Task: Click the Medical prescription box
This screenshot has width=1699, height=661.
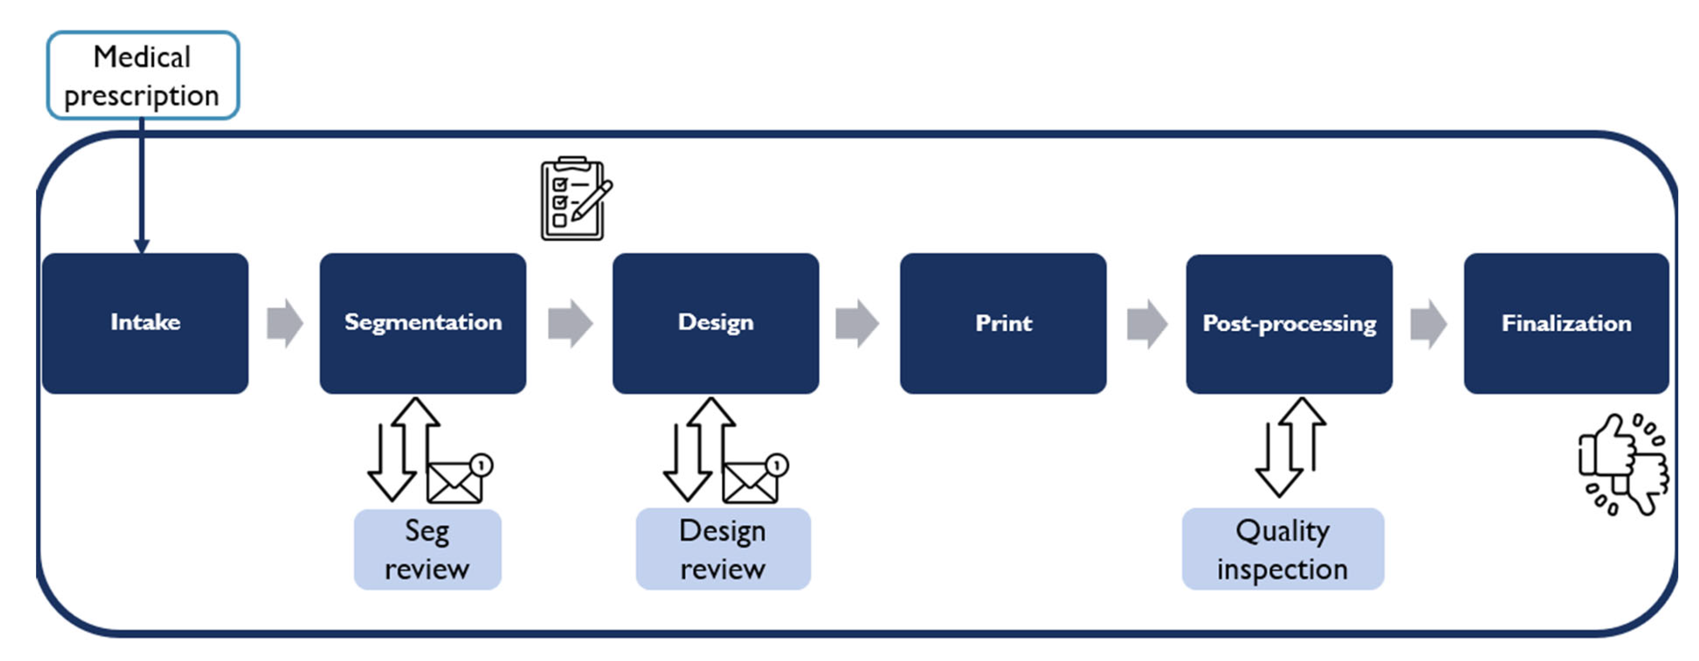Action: click(x=142, y=75)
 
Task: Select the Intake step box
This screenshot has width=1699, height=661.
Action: click(x=145, y=323)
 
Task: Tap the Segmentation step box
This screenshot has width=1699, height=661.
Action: click(x=423, y=323)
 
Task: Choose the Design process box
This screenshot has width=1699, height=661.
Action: click(x=716, y=323)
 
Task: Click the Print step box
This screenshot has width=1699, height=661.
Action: click(x=1002, y=323)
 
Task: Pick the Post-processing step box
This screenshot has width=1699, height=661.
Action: click(x=1289, y=323)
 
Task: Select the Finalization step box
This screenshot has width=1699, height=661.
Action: click(x=1566, y=323)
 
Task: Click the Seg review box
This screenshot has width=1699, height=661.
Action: click(x=427, y=549)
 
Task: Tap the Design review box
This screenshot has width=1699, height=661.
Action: click(x=723, y=549)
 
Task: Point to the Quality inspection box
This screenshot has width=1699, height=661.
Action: click(x=1283, y=549)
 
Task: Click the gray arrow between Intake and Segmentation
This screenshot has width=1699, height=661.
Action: click(x=285, y=323)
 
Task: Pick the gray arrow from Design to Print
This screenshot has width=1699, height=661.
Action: click(x=857, y=323)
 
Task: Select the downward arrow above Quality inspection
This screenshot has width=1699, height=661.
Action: click(x=1278, y=462)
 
